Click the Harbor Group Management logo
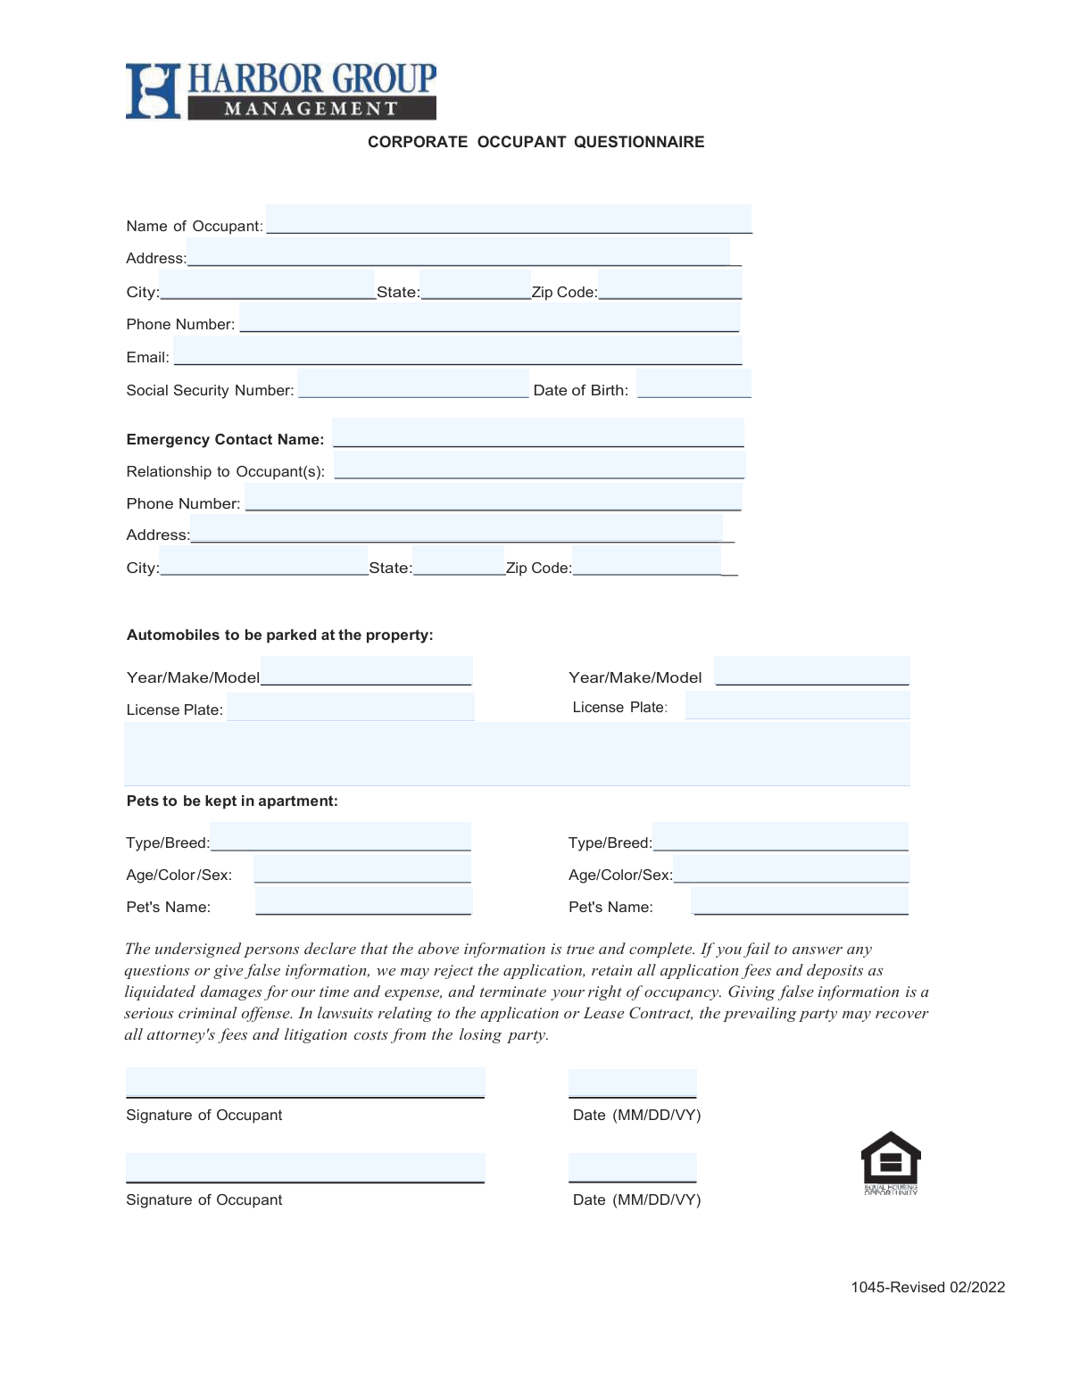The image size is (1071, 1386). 280,91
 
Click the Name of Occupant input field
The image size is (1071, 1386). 509,219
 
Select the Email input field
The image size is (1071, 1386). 457,351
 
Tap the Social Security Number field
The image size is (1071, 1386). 412,384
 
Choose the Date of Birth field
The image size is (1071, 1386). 693,384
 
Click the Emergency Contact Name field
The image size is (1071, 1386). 537,433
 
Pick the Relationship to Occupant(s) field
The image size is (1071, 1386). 539,465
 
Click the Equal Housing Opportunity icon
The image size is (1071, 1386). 890,1162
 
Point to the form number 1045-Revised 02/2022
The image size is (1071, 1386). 927,1287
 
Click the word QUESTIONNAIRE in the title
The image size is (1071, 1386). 639,142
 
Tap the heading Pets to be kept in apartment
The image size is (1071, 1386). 232,801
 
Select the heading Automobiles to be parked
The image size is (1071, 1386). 279,635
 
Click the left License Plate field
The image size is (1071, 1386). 350,707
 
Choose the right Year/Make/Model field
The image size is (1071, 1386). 812,671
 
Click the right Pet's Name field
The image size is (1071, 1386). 800,901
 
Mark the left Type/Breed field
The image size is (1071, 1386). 340,837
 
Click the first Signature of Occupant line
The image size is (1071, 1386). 305,1083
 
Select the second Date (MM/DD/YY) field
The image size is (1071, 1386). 632,1167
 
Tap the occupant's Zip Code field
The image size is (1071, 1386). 669,286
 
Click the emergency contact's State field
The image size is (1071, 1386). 458,561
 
